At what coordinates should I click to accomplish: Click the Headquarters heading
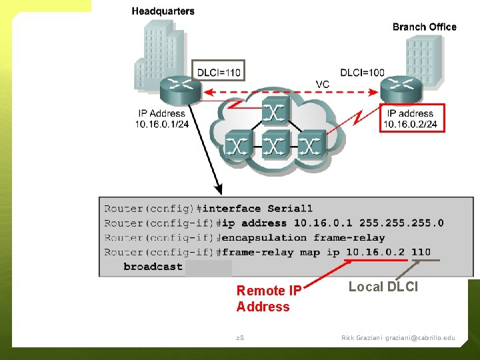tap(163, 11)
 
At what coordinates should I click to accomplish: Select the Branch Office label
tap(424, 27)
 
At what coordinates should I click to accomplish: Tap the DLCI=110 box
tap(219, 71)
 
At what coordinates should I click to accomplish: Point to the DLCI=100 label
tap(362, 72)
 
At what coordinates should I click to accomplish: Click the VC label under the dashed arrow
tap(322, 83)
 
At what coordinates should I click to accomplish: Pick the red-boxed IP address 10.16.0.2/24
tap(412, 119)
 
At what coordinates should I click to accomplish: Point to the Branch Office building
tap(424, 57)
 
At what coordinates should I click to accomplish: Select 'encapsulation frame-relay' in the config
tap(303, 237)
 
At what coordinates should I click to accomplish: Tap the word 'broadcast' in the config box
tap(153, 267)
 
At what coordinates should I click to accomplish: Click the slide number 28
tap(240, 338)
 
